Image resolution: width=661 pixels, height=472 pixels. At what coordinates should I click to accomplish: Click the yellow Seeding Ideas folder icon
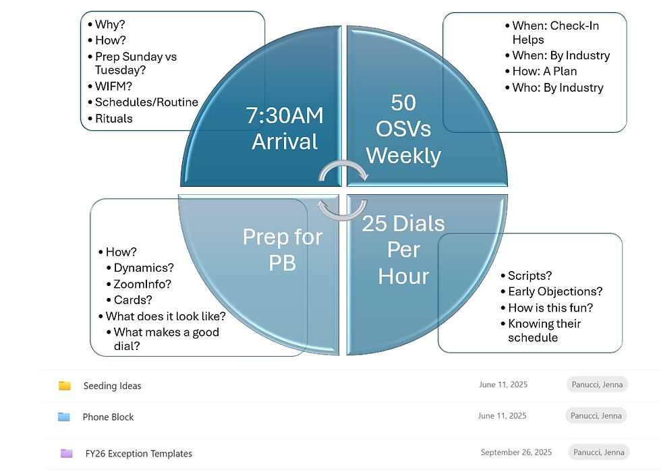pos(65,385)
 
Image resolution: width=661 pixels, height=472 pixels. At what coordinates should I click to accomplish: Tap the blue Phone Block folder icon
pos(63,417)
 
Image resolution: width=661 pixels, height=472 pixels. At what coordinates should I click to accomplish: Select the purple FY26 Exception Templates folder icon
pos(67,453)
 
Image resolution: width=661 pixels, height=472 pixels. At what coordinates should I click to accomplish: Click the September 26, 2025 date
pos(516,452)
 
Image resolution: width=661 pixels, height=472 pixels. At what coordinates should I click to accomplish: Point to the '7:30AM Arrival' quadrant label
pos(285,128)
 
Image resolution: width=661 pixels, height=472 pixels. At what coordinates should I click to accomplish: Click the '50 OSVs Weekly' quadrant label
pos(403,129)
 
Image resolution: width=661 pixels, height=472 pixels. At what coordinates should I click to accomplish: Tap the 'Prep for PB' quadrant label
pos(283,249)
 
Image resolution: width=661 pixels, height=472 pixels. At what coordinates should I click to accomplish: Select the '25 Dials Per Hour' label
pos(403,249)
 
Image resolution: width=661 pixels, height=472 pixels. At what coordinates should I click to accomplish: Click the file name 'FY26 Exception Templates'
pos(139,453)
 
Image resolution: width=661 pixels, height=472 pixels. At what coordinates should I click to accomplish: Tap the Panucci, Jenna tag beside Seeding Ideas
pos(597,384)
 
